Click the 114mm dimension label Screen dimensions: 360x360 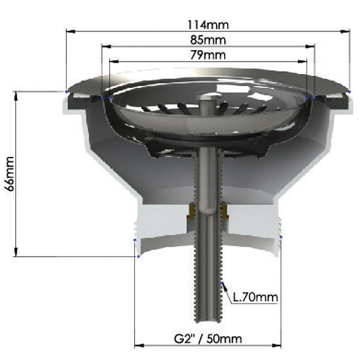[208, 25]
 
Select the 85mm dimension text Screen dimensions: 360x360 [208, 40]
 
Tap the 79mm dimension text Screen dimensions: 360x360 [208, 55]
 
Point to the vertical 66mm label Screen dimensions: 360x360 [10, 174]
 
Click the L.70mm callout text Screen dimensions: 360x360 [256, 298]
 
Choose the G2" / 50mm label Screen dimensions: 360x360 [208, 339]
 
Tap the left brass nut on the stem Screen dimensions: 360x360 [191, 211]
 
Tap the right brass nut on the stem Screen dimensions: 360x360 [224, 211]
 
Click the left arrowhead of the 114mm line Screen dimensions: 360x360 [70, 31]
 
